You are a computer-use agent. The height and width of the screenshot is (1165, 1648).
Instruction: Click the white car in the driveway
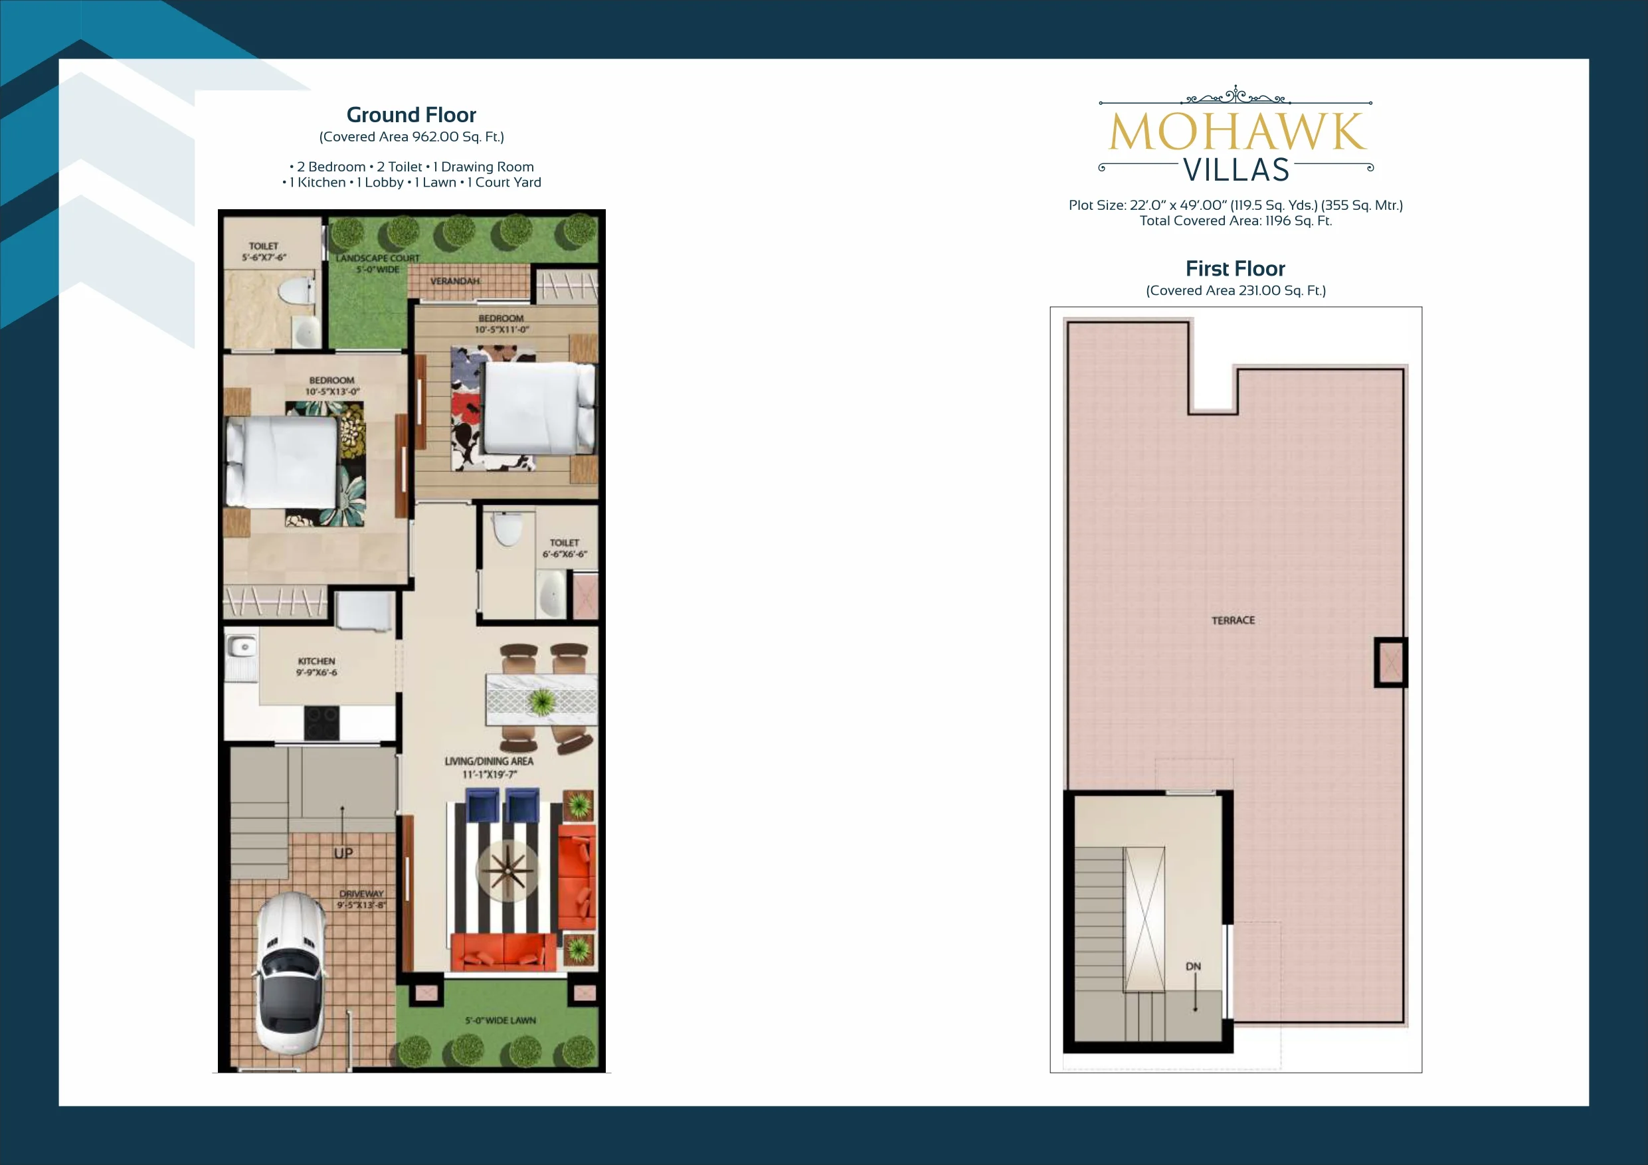pyautogui.click(x=289, y=973)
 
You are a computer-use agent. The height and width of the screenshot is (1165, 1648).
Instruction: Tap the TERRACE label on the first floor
pyautogui.click(x=1233, y=620)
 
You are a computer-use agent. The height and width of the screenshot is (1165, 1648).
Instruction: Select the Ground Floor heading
pyautogui.click(x=411, y=115)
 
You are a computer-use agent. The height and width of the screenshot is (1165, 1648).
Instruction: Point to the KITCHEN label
pyautogui.click(x=317, y=661)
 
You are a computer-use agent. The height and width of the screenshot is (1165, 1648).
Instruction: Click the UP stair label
pyautogui.click(x=343, y=853)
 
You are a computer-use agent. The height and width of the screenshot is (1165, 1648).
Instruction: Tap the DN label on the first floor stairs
pyautogui.click(x=1193, y=966)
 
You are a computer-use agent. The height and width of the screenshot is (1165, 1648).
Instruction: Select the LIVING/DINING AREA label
pyautogui.click(x=489, y=761)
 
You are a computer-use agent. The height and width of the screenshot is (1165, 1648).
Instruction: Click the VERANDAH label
pyautogui.click(x=454, y=281)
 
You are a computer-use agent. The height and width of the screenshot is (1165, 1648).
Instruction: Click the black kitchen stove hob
pyautogui.click(x=321, y=722)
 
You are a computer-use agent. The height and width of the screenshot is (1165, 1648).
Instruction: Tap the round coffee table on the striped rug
pyautogui.click(x=507, y=871)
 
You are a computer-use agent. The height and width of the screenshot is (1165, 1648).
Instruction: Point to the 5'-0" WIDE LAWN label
pyautogui.click(x=500, y=1020)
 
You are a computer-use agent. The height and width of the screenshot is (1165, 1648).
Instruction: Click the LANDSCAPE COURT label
pyautogui.click(x=377, y=258)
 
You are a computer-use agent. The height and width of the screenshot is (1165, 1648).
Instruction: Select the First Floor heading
pyautogui.click(x=1236, y=268)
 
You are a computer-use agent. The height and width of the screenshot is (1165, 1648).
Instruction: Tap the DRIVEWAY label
pyautogui.click(x=362, y=893)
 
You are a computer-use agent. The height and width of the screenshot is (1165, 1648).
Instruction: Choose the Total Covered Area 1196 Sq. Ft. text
pyautogui.click(x=1236, y=221)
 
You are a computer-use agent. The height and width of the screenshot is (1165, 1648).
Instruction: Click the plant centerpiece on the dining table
pyautogui.click(x=542, y=701)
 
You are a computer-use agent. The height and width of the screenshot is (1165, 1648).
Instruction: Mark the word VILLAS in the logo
pyautogui.click(x=1236, y=170)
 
